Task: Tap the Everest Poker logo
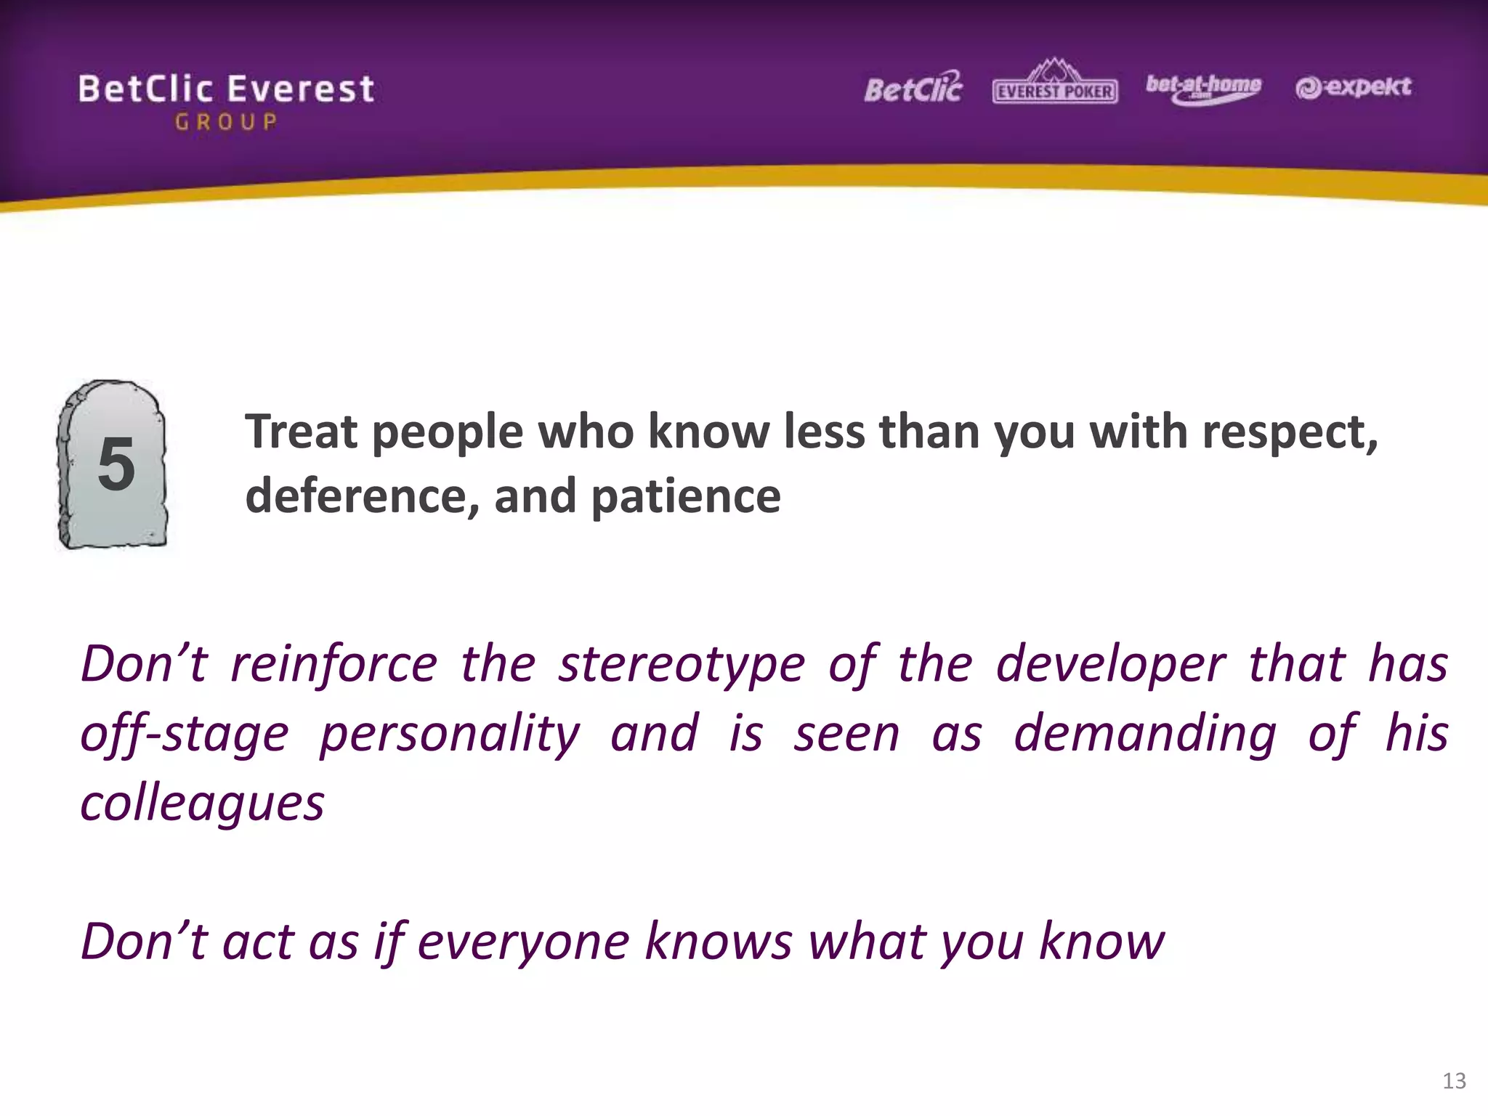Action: [x=1055, y=84]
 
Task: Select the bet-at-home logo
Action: [x=1203, y=88]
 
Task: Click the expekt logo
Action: [x=1353, y=87]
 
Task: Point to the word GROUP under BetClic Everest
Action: [x=226, y=122]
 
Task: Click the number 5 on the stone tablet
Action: [x=116, y=464]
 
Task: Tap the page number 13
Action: [x=1454, y=1081]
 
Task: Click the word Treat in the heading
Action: [x=302, y=432]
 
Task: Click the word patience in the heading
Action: [x=685, y=498]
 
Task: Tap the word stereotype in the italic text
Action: [x=682, y=665]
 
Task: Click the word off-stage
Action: [x=185, y=734]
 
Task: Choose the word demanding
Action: [x=1145, y=734]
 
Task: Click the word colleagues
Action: [x=202, y=804]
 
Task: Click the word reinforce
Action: [x=334, y=665]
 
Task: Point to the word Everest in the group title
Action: [x=301, y=89]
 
